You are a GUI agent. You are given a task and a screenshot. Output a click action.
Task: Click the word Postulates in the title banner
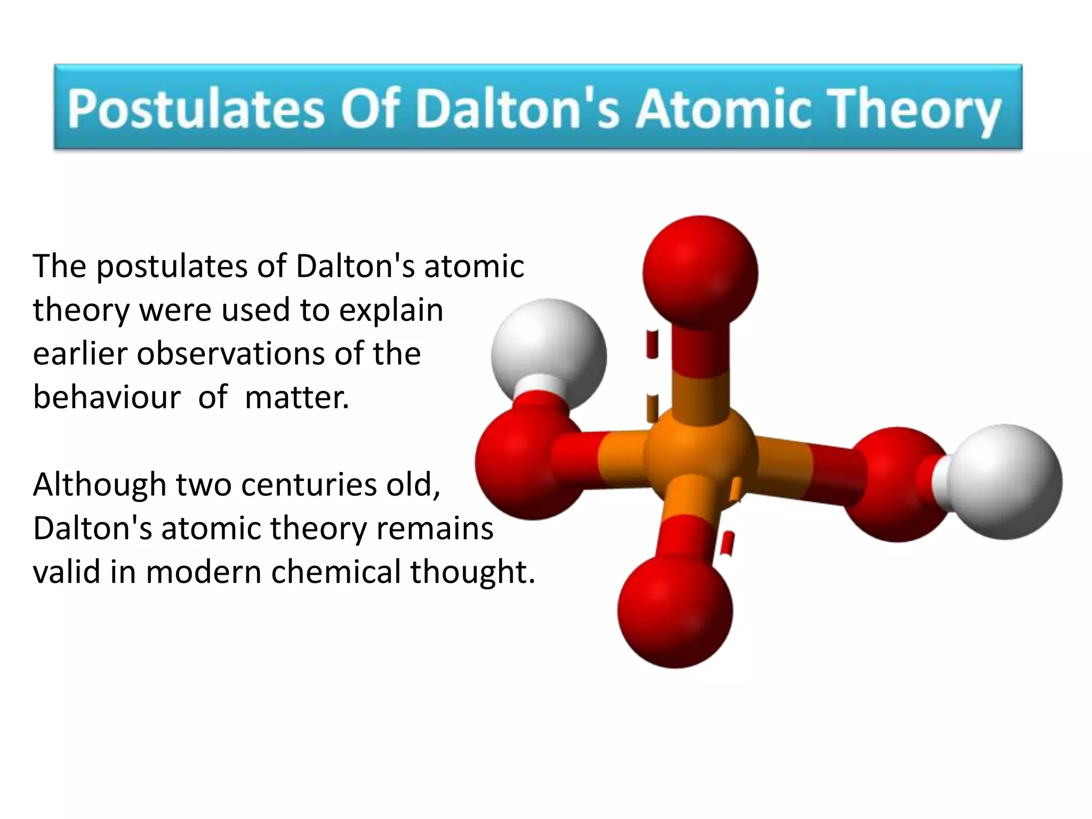point(196,108)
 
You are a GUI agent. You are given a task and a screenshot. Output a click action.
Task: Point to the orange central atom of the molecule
point(700,453)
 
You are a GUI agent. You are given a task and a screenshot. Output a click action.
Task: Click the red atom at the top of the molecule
point(700,272)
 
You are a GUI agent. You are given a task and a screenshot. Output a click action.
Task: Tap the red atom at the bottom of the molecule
point(675,611)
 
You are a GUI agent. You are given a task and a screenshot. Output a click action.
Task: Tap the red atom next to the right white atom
point(896,483)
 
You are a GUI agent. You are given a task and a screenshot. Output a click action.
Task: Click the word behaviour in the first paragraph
point(107,397)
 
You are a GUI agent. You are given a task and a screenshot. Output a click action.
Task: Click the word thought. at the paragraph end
point(472,572)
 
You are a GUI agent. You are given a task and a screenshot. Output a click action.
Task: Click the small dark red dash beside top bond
point(652,344)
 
